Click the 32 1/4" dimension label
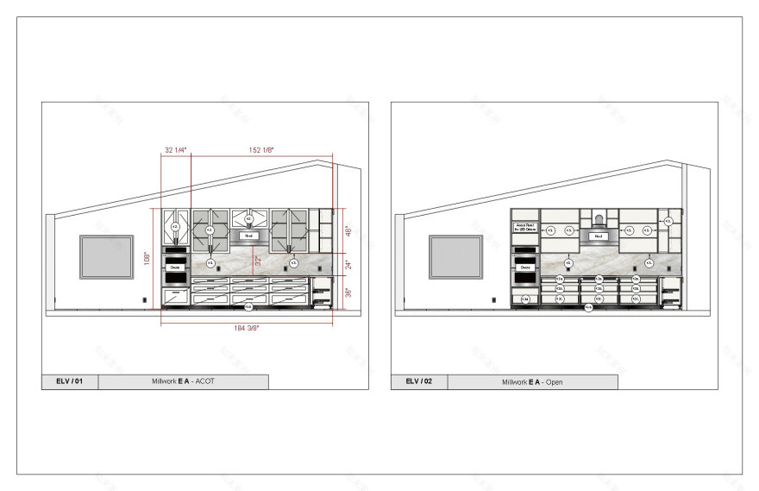point(175,150)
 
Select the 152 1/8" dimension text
point(262,150)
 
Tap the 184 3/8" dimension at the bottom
point(246,329)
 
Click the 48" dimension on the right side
point(348,231)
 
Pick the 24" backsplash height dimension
point(348,265)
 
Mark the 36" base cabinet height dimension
point(348,293)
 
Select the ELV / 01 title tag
point(70,381)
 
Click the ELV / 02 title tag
point(419,381)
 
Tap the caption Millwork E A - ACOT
point(184,381)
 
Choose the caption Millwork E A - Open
point(532,381)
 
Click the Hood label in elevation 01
point(248,235)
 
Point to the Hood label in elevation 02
point(597,235)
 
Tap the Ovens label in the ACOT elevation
point(175,268)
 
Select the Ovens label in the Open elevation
point(524,268)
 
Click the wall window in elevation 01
point(105,257)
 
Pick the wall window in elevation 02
point(455,257)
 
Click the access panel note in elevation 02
point(524,229)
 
